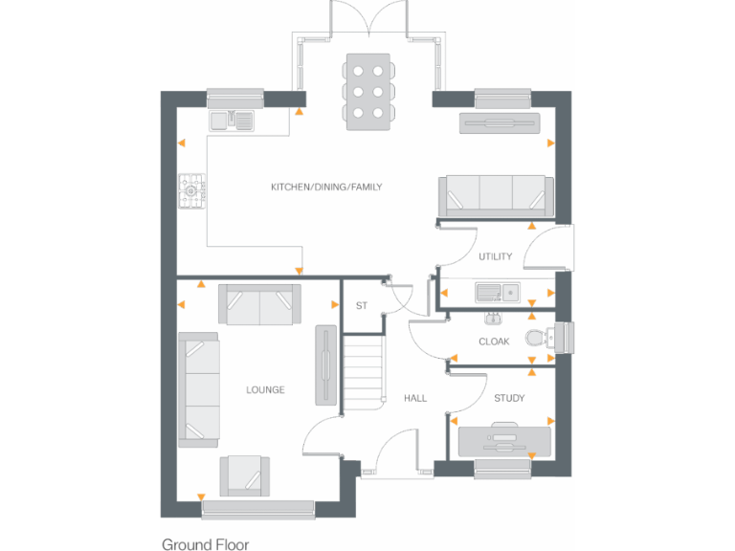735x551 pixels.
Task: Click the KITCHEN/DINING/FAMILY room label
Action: pos(326,187)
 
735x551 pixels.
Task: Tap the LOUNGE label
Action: pos(265,389)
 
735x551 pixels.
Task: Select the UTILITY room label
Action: pos(496,256)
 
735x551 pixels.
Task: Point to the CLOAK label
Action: pos(494,342)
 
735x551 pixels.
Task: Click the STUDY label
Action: pos(509,398)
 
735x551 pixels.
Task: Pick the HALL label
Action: pos(414,398)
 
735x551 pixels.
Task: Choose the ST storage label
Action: pos(361,306)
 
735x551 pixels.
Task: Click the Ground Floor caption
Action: pos(205,544)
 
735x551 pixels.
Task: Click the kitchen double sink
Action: pos(233,121)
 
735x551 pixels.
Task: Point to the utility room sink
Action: pos(498,291)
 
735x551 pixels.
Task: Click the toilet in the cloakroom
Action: pos(556,338)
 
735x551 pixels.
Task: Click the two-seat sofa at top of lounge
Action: pos(259,304)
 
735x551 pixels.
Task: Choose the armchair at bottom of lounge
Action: pos(244,474)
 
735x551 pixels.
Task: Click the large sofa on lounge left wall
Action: pos(198,389)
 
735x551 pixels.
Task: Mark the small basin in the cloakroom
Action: pos(493,318)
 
